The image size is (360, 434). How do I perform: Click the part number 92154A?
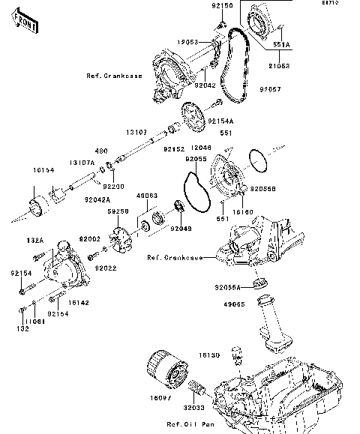tap(220, 120)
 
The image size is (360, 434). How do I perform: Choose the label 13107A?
tap(82, 162)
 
